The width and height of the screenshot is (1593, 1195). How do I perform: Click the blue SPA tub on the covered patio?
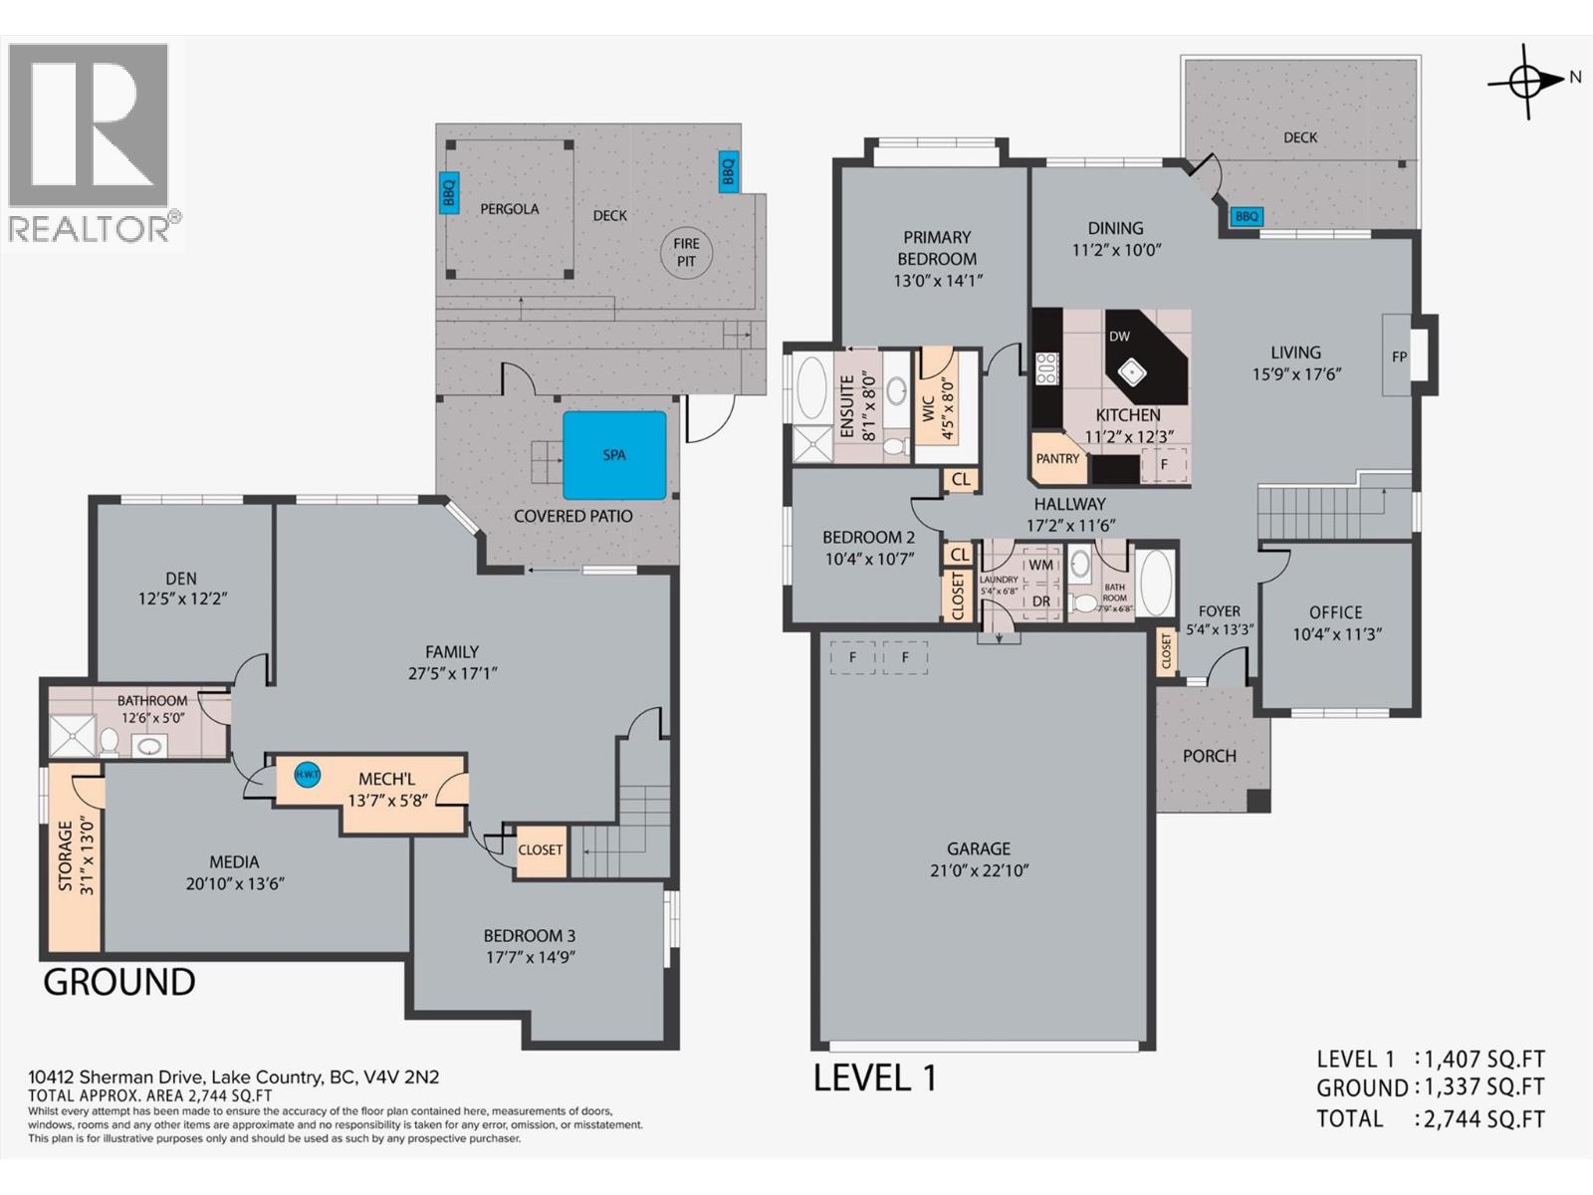coord(614,455)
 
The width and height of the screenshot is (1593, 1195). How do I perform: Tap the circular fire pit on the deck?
coord(686,252)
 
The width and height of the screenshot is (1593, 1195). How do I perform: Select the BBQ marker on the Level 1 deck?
coord(1247,216)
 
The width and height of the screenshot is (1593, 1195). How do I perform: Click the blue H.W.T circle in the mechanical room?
coord(307,774)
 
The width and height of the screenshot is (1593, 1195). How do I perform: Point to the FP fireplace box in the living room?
coord(1399,357)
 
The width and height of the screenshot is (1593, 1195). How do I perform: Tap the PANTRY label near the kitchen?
coord(1057,458)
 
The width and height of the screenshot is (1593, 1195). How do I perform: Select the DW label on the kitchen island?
coord(1119,337)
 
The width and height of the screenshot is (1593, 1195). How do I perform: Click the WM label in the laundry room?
coord(1040,565)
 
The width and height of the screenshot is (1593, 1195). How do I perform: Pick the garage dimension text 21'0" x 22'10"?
coord(979,870)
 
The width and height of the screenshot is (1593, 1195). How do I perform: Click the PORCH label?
coord(1209,756)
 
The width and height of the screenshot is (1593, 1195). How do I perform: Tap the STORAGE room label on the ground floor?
coord(66,855)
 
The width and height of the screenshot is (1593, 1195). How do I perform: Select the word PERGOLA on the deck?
coord(509,209)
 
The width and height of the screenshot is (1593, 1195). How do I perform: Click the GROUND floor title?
coord(118,982)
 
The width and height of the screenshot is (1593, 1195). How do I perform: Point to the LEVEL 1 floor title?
coord(875,1077)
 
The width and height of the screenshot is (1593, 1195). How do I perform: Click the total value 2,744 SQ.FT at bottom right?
coord(1483,1119)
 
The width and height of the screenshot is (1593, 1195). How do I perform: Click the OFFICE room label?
coord(1335,612)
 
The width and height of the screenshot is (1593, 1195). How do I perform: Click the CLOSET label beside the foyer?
coord(1166,653)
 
